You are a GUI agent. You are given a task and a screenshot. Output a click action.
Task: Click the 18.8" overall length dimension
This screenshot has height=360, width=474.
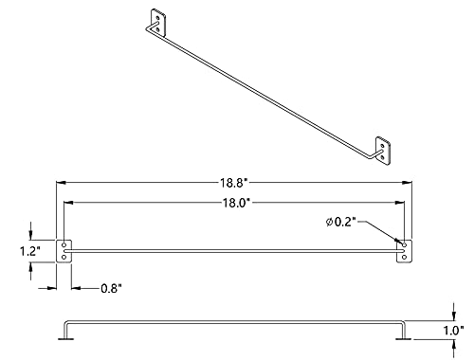point(232,183)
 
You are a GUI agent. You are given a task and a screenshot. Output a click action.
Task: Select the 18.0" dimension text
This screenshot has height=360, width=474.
point(236,203)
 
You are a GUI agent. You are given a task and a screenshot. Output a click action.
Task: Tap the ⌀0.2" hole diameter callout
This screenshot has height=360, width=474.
point(341,222)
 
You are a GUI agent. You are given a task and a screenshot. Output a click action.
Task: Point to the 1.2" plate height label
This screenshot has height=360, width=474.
point(30,251)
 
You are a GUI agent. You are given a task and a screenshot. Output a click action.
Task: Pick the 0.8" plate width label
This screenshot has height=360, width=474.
point(111,288)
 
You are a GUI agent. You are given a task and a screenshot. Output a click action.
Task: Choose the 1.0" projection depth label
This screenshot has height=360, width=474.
point(453,331)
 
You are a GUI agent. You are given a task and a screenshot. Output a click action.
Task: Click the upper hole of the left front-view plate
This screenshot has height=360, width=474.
point(64,245)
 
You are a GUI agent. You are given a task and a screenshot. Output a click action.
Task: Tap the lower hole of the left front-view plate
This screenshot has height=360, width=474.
point(64,258)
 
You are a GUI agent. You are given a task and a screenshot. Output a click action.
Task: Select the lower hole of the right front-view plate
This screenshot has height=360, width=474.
point(404,258)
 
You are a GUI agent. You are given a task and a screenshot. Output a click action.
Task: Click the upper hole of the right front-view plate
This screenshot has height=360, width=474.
point(404,245)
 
